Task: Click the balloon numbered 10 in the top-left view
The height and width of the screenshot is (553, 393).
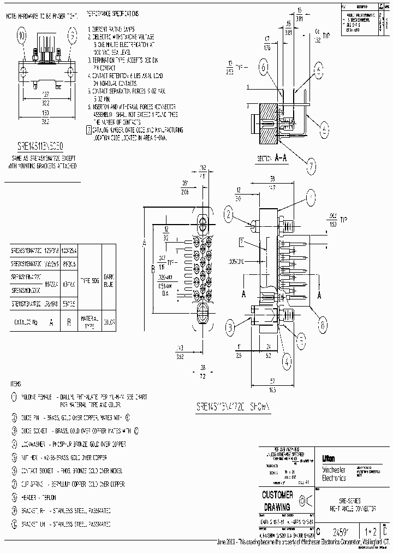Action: point(22,37)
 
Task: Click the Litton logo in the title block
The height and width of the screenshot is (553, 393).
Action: point(327,458)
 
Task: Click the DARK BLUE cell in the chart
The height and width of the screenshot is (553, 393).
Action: point(108,280)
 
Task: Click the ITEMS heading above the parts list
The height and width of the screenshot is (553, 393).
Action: point(16,383)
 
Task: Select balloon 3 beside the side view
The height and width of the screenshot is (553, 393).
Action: point(230,328)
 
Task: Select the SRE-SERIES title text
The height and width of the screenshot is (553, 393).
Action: point(349,501)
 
